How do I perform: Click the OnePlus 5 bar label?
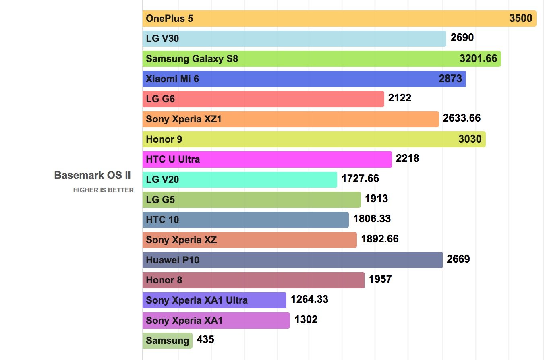[169, 19]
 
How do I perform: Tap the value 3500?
[520, 19]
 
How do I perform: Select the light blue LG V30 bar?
[294, 39]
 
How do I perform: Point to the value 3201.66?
[478, 59]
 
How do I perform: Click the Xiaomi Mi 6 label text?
[172, 79]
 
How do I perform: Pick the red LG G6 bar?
[263, 99]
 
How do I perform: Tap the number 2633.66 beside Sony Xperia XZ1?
[462, 118]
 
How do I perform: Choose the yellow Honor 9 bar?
[314, 139]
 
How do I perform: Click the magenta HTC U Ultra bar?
[267, 159]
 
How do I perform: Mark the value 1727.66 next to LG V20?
[360, 178]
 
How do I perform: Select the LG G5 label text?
[160, 200]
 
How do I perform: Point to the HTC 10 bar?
[245, 220]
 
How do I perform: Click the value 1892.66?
[380, 239]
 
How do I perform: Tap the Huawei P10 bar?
[292, 260]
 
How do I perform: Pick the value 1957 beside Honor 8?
[380, 279]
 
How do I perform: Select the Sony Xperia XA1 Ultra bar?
[214, 300]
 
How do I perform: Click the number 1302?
[306, 319]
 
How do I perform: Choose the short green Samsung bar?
[167, 341]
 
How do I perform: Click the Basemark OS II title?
[92, 176]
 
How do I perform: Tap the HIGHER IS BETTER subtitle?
[103, 190]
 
